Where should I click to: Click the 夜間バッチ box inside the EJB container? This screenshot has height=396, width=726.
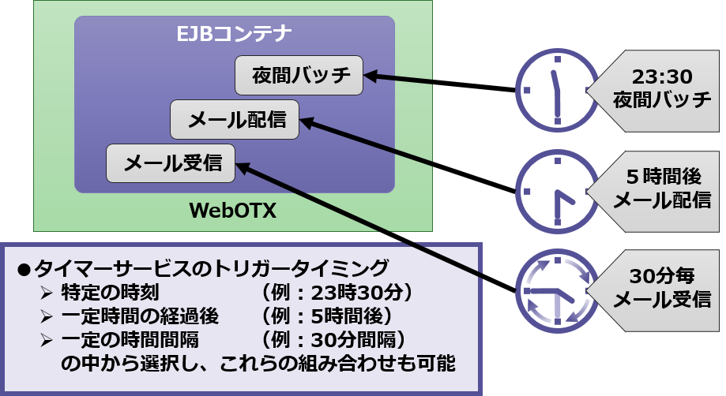click(299, 76)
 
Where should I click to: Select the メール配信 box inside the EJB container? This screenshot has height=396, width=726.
click(235, 121)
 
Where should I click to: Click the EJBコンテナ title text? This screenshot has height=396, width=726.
click(234, 34)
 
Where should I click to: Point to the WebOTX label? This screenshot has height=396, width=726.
click(233, 211)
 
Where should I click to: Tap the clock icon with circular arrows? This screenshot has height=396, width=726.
click(558, 290)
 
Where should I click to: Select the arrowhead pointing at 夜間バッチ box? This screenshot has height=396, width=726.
click(371, 76)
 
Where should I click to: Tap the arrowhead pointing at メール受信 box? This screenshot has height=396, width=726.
click(243, 167)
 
